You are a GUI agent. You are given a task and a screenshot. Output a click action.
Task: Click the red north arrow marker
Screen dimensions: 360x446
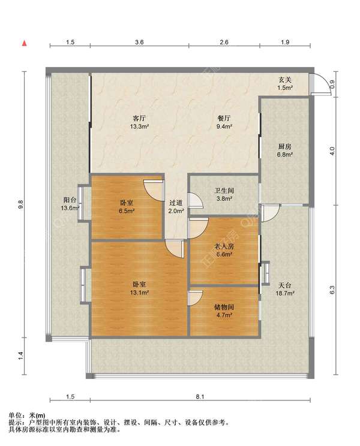(x=25, y=43)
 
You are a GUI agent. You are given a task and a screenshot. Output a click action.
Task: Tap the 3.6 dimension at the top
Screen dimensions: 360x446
(x=139, y=42)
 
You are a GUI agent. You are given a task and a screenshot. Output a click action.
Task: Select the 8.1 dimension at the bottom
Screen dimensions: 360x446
(x=200, y=396)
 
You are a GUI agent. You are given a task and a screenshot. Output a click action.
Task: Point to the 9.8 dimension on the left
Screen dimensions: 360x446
(x=20, y=204)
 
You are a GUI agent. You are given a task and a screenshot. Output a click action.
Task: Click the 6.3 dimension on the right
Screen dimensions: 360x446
(x=332, y=290)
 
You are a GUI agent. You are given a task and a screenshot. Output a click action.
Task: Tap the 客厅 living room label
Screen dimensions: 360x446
(x=139, y=118)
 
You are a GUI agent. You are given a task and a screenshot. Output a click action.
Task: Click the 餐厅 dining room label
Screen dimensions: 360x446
(x=224, y=118)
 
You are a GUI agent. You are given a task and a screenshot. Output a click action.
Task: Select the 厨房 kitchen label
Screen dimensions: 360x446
(x=285, y=147)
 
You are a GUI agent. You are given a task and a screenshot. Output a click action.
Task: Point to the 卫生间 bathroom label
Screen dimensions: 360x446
(x=224, y=191)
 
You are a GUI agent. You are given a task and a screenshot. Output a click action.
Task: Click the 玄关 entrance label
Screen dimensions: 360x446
(x=285, y=80)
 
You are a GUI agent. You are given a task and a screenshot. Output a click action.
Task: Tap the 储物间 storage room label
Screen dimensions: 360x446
(x=224, y=307)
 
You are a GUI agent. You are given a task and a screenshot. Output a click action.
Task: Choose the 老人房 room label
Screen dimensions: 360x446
(x=224, y=246)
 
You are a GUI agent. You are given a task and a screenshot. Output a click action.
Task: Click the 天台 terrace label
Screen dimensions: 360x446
(x=285, y=285)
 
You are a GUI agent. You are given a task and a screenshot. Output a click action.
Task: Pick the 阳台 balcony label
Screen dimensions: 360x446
(x=70, y=200)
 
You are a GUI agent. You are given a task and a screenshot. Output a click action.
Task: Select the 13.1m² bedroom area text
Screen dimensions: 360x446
(x=139, y=293)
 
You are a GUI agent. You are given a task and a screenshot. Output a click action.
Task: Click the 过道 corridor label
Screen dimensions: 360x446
(x=176, y=203)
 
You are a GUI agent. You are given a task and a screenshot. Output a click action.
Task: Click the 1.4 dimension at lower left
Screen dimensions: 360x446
(x=20, y=356)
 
